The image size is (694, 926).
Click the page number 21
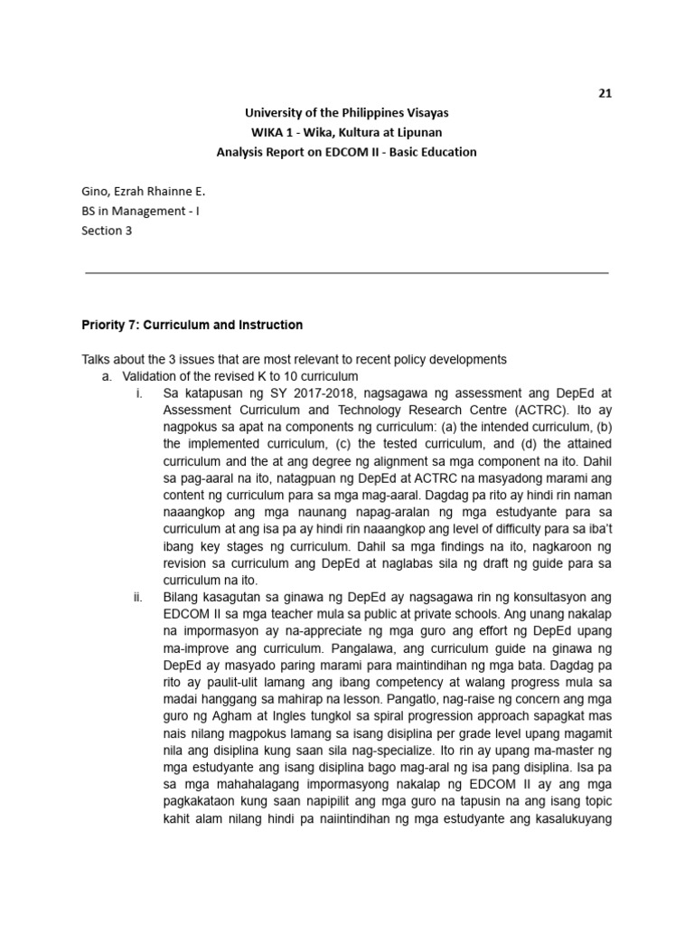[605, 92]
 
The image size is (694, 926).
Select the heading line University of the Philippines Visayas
[346, 113]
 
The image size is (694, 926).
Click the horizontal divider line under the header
[346, 271]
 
